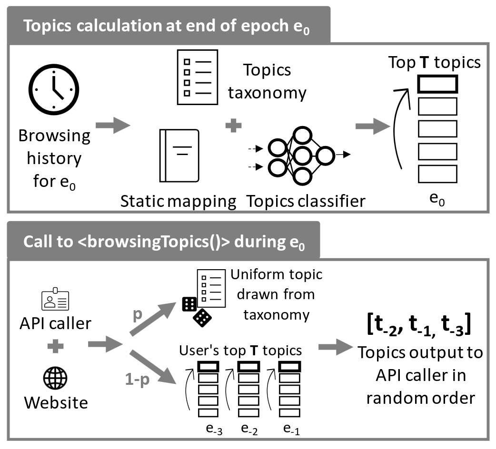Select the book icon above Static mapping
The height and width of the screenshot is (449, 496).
tap(179, 156)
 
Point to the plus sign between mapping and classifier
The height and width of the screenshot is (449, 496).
tap(233, 126)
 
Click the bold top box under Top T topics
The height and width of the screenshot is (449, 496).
tap(437, 84)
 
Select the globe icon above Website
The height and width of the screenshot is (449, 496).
tap(55, 379)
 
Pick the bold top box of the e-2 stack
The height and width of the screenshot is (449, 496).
tap(248, 367)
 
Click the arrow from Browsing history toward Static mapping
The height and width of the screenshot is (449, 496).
tap(112, 126)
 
